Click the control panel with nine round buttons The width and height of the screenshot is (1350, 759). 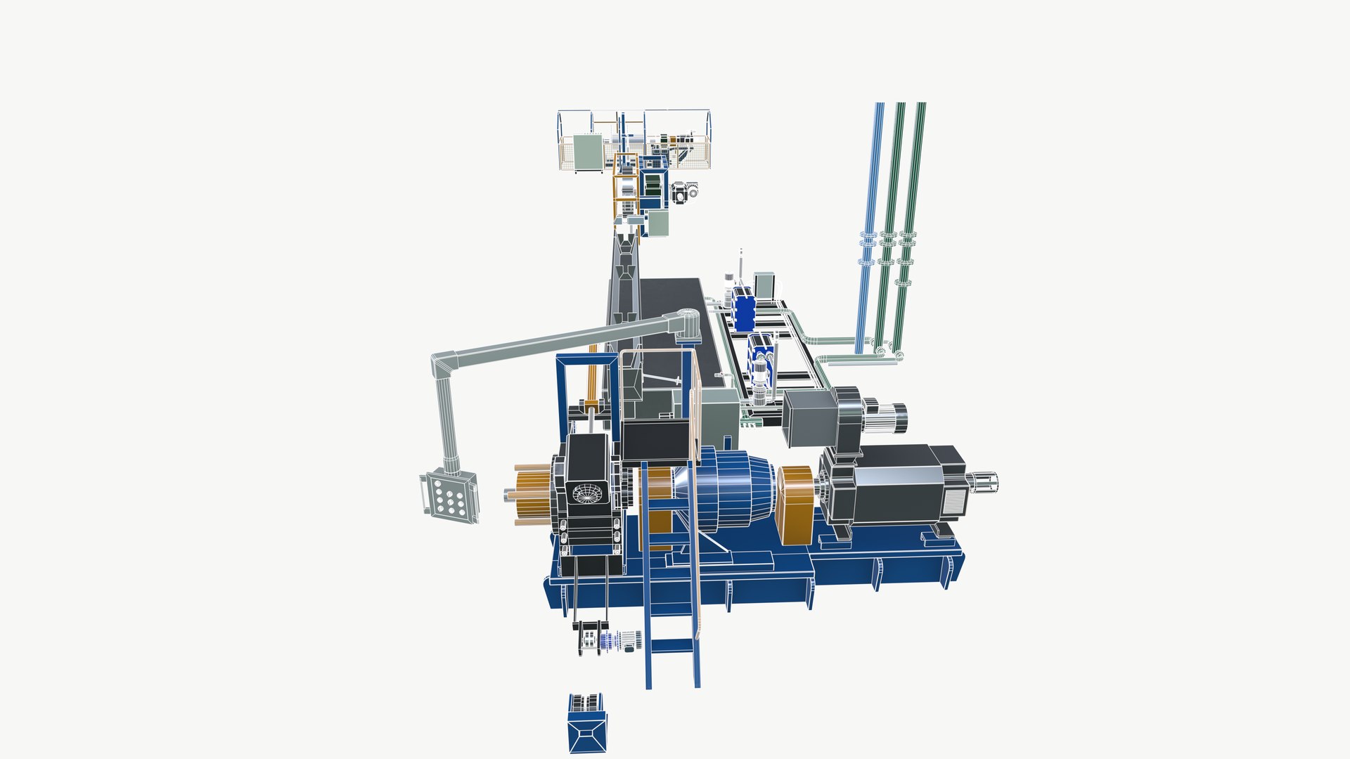[x=450, y=497]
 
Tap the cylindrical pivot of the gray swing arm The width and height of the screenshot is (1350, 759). [x=689, y=324]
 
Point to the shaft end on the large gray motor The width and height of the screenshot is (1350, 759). [x=985, y=482]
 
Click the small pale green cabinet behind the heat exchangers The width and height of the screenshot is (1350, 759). [x=764, y=285]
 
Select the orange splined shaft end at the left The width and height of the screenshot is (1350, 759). [x=531, y=495]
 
